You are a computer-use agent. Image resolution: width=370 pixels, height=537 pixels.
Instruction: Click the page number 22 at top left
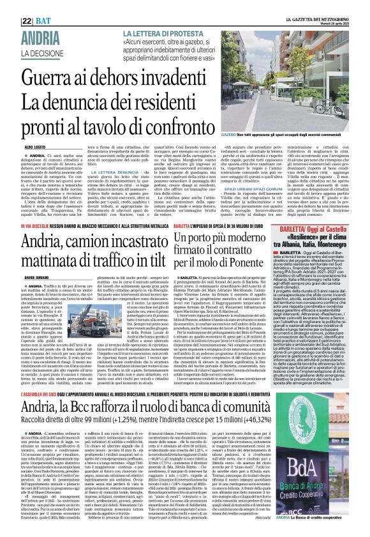pyautogui.click(x=8, y=6)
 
